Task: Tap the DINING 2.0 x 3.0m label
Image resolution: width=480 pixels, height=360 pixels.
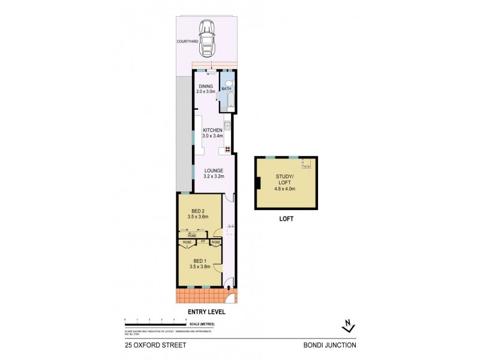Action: [x=206, y=89]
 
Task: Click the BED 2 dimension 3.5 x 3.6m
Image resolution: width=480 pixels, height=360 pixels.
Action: [x=199, y=216]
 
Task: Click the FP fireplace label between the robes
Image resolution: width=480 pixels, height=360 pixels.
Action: [x=204, y=241]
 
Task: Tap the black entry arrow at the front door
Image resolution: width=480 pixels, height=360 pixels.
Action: [x=231, y=287]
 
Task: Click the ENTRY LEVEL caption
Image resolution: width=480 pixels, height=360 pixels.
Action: [x=206, y=312]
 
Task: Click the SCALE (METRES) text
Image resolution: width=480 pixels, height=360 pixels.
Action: [x=202, y=325]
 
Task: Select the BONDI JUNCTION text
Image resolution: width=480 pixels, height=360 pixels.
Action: [x=330, y=345]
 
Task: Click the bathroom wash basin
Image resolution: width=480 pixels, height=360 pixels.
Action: [x=224, y=109]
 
